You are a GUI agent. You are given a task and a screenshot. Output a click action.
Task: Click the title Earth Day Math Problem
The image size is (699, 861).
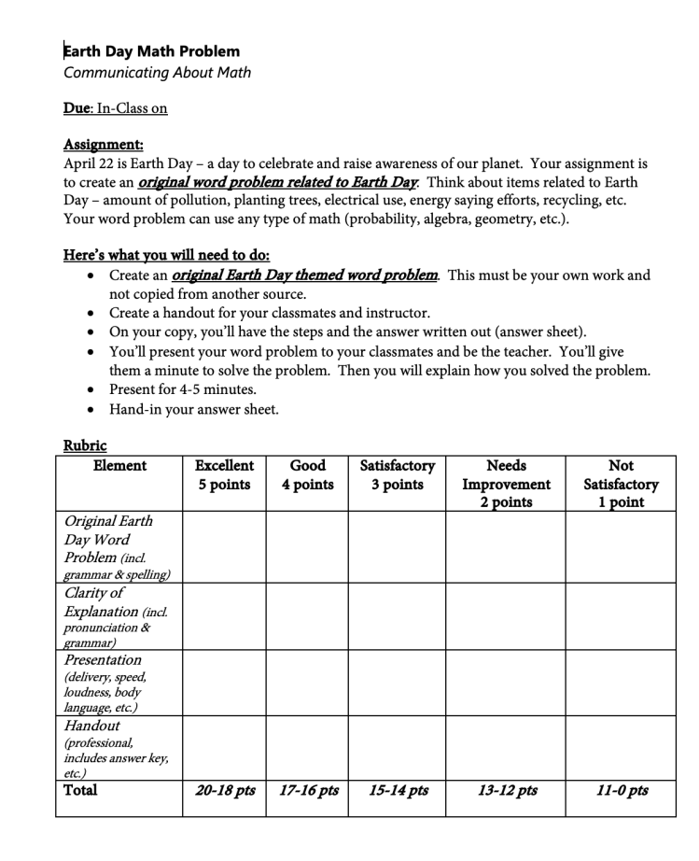151,51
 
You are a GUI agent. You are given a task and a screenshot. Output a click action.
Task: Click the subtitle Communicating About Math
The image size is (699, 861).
157,72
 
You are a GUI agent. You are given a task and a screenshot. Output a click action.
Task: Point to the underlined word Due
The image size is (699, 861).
76,108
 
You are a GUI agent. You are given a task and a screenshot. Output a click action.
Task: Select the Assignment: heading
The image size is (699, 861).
103,144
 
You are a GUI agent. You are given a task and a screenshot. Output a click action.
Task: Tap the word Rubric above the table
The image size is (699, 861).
85,445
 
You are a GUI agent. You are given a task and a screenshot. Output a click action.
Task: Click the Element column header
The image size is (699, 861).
119,465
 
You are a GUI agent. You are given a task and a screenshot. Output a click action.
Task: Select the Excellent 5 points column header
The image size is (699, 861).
224,474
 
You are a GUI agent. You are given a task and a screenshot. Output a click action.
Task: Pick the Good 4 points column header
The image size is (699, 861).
307,474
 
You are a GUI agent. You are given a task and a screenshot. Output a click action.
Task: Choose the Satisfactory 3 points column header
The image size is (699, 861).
398,474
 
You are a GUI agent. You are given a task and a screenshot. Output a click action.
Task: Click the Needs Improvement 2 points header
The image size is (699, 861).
506,483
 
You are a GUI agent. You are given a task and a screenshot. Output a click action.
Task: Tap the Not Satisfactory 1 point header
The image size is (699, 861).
621,483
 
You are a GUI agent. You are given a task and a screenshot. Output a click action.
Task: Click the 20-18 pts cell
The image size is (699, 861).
225,791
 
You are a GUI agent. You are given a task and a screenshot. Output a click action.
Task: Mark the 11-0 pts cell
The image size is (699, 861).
622,791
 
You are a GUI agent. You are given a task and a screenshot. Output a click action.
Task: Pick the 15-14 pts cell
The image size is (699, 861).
398,791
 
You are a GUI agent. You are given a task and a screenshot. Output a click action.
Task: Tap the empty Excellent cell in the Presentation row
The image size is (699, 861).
224,683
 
